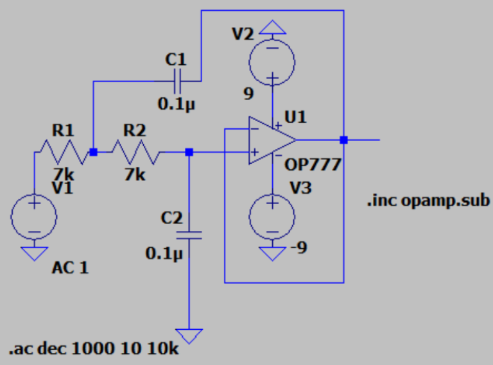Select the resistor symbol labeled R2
tap(135, 152)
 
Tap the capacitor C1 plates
tap(178, 81)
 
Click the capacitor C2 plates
tap(189, 235)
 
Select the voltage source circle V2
tap(273, 63)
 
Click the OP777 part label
tap(313, 165)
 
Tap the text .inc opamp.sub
tap(428, 200)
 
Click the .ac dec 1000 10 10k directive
tap(94, 351)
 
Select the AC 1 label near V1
tap(70, 267)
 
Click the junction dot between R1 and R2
tap(94, 152)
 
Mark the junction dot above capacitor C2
tap(189, 152)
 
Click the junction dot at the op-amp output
tap(344, 140)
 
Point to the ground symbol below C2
tap(189, 335)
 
